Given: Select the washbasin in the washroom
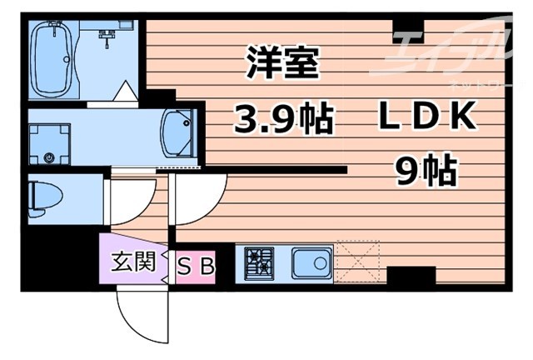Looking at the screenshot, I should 178,132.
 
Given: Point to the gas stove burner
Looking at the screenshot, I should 257,265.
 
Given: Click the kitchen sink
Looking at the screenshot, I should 311,265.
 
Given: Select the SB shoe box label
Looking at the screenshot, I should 197,266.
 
